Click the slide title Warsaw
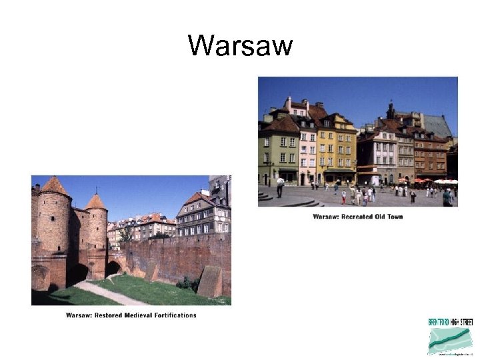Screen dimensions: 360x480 pyautogui.click(x=240, y=46)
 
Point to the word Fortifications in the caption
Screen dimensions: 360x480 pyautogui.click(x=179, y=315)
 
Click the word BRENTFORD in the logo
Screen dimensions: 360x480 pyautogui.click(x=439, y=323)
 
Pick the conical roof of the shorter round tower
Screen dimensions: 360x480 pyautogui.click(x=96, y=201)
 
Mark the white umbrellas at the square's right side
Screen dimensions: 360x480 pyautogui.click(x=445, y=181)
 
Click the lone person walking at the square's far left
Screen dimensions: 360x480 pyautogui.click(x=281, y=187)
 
